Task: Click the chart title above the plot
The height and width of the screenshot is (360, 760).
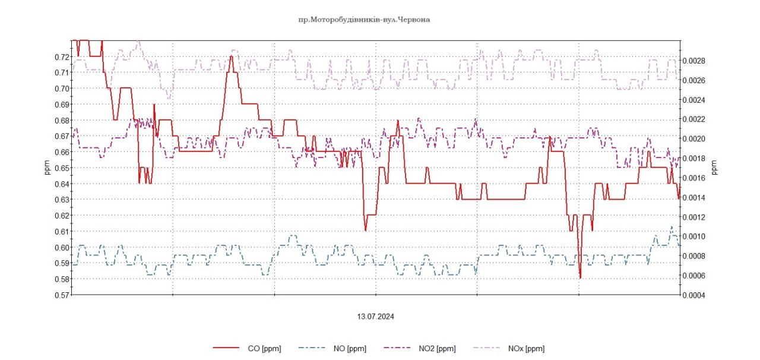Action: (364, 20)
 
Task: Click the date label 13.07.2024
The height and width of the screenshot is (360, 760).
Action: (375, 317)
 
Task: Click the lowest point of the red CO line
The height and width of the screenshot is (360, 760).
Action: (580, 277)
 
